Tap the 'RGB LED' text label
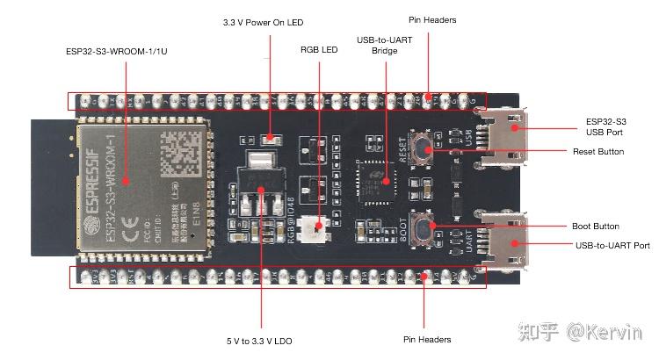pyautogui.click(x=319, y=50)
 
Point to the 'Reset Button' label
pyautogui.click(x=598, y=152)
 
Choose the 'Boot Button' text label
pyautogui.click(x=597, y=226)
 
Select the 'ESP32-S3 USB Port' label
pyautogui.click(x=606, y=128)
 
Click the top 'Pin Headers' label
pyautogui.click(x=432, y=18)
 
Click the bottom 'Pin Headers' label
pyautogui.click(x=426, y=339)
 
